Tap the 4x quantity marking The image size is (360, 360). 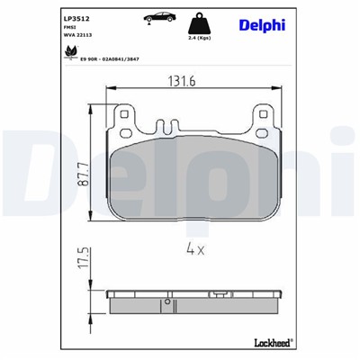197,249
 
